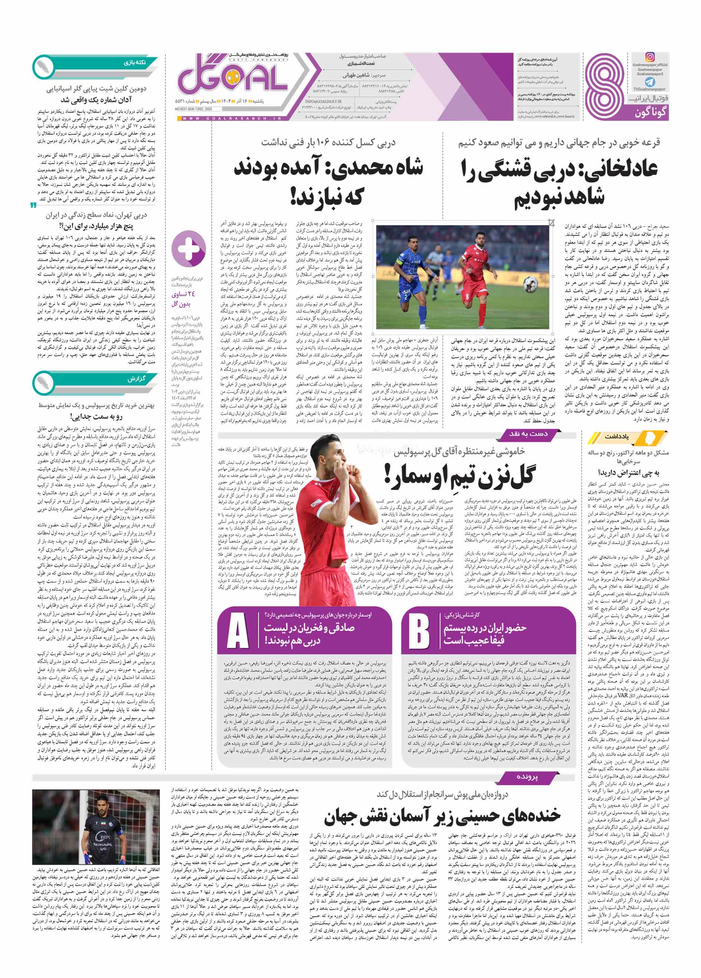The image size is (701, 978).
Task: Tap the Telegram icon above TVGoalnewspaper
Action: (650, 82)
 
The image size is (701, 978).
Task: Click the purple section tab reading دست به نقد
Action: (528, 434)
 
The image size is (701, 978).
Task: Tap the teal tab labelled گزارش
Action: (136, 379)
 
